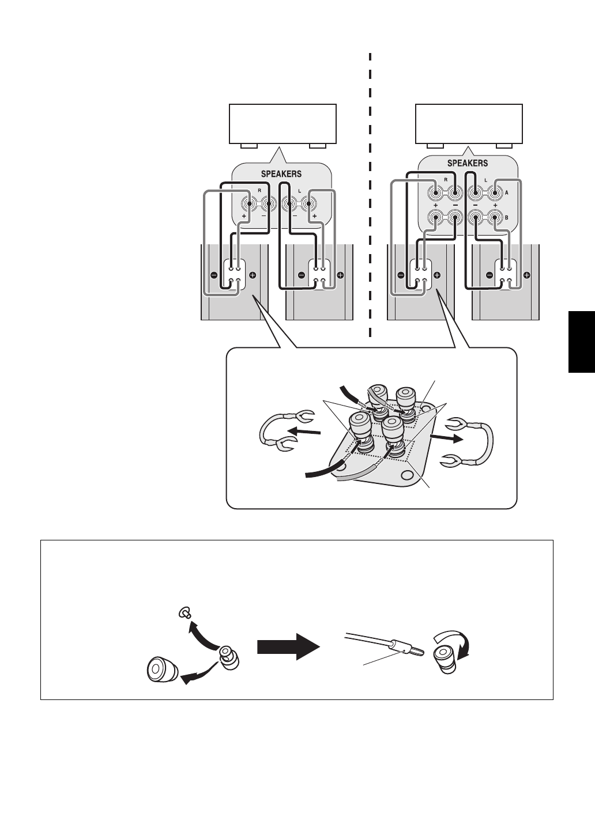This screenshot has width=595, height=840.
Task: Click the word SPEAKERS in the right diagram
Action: click(468, 163)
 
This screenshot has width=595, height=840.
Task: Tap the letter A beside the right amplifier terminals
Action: click(507, 194)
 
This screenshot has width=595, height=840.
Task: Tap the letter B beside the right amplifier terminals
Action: click(507, 218)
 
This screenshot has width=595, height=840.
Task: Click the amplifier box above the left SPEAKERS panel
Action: click(283, 123)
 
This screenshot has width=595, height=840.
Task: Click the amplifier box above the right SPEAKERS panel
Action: click(469, 123)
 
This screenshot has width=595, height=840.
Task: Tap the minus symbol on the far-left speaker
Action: click(213, 275)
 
